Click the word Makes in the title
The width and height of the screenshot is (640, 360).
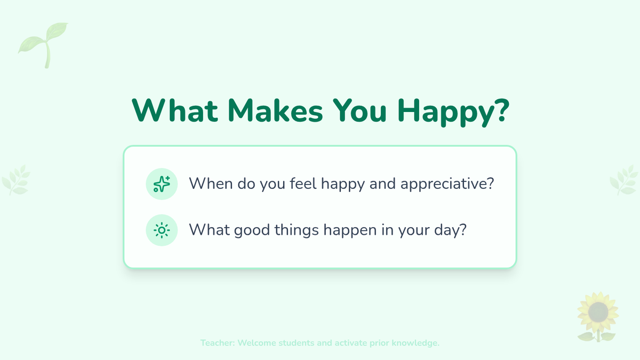275,110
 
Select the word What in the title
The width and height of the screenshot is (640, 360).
175,110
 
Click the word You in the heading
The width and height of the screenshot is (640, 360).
360,110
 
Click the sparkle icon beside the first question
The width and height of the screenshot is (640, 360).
162,184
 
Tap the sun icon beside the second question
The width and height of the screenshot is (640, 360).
162,230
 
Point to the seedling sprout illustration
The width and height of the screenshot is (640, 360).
43,45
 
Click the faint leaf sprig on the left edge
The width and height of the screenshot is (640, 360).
16,180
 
